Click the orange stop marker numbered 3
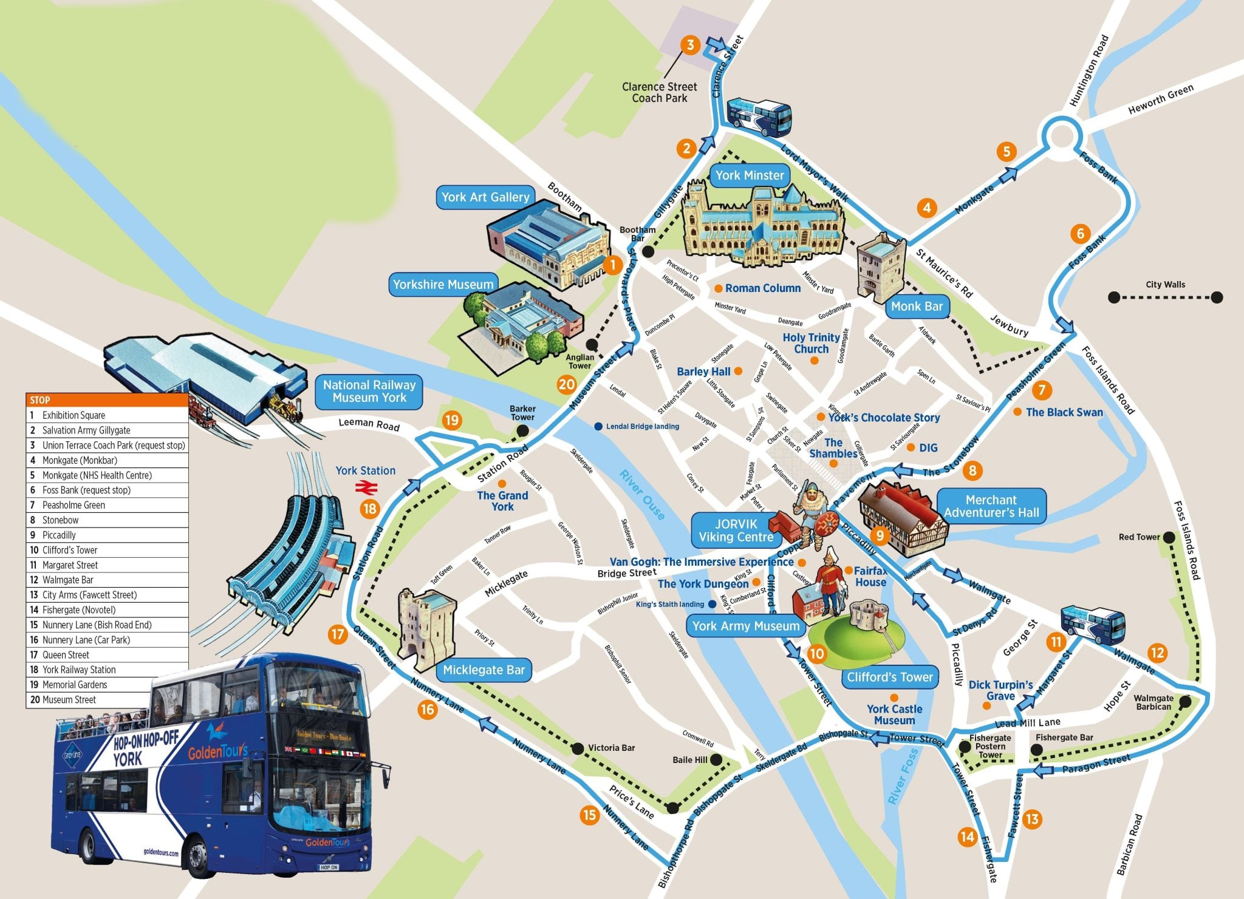point(690,45)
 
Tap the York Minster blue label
point(749,175)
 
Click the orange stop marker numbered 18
point(370,509)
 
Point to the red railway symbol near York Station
point(366,486)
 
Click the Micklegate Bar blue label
point(484,670)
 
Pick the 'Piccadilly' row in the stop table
point(107,535)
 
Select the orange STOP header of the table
point(107,400)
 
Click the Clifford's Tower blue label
point(890,677)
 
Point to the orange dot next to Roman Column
point(718,288)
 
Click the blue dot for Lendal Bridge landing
point(599,427)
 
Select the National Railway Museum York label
point(369,392)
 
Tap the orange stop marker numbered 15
point(589,815)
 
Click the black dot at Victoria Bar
point(578,748)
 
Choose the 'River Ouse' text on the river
point(643,494)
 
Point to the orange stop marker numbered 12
point(1158,653)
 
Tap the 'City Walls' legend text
point(1165,284)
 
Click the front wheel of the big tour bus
point(200,855)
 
